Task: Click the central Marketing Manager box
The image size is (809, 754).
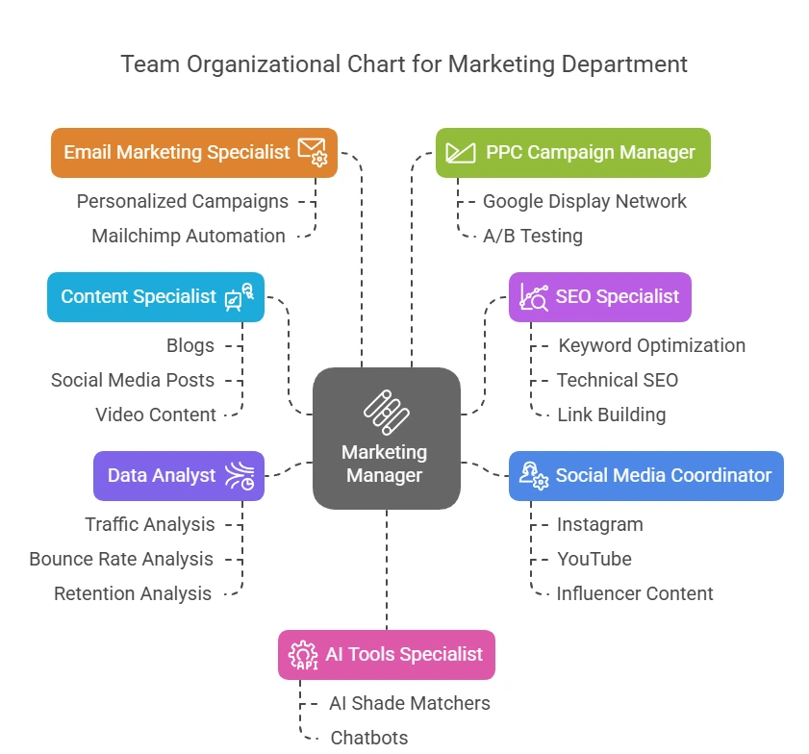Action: pos(386,439)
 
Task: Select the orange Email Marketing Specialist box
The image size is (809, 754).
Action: pos(193,152)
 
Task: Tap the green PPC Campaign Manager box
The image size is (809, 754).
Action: pos(572,152)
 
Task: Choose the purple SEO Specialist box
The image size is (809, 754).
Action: pos(599,296)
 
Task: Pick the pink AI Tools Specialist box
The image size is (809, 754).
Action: pos(387,654)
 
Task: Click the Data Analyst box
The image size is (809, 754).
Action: pos(179,475)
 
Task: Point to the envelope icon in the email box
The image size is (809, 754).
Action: pos(313,151)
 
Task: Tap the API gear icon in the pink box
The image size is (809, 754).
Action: pos(303,654)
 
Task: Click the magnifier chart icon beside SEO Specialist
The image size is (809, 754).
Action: pos(534,296)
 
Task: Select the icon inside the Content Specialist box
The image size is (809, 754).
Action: pos(239,296)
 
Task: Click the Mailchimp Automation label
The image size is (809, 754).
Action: pos(189,236)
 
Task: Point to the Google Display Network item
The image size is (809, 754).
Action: pos(585,201)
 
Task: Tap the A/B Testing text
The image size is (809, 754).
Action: pos(533,236)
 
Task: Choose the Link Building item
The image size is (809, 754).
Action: pos(611,415)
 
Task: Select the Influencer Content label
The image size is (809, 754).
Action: pos(635,593)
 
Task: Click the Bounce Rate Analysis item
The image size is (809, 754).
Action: pos(121,559)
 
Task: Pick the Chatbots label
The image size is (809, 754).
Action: pos(369,738)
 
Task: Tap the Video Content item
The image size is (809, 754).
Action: pos(156,415)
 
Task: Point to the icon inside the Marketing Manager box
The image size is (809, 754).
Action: pos(386,412)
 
